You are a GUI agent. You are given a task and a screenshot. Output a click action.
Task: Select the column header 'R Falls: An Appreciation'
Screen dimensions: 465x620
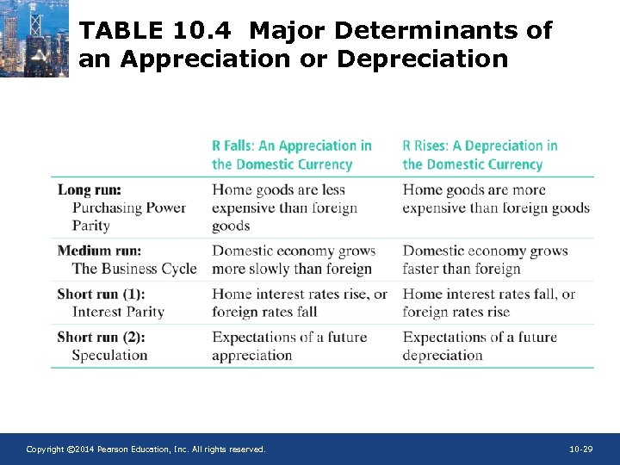[x=292, y=155]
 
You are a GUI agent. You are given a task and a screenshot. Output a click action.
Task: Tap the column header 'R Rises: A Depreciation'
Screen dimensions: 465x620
[x=480, y=155]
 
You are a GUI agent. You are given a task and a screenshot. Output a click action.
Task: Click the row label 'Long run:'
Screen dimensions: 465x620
[x=90, y=189]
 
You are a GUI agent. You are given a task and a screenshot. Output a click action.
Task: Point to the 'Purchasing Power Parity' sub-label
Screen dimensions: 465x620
[x=128, y=216]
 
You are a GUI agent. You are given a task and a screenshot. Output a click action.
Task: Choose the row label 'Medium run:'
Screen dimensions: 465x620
[x=100, y=251]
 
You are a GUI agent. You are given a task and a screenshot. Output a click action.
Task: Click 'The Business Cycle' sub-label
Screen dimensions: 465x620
[x=134, y=269]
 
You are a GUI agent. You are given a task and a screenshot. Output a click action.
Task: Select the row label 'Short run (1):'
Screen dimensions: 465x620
[x=101, y=294]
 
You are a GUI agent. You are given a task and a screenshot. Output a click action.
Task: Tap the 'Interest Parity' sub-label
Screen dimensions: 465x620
[x=118, y=312]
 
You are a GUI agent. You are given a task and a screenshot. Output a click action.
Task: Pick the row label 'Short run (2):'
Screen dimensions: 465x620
[x=101, y=337]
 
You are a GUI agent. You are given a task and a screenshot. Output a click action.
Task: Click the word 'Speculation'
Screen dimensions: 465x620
[x=109, y=355]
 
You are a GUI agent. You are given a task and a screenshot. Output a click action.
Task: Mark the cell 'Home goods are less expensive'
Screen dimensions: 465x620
[x=284, y=208]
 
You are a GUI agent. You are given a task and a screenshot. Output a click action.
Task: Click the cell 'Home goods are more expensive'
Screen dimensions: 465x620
[x=496, y=199]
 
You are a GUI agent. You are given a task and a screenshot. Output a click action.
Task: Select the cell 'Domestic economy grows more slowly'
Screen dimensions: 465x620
[x=294, y=259]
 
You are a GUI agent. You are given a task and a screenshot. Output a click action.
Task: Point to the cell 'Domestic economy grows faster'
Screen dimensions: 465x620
[x=485, y=259]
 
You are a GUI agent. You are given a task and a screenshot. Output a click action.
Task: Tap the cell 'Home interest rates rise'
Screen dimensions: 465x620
[x=300, y=302]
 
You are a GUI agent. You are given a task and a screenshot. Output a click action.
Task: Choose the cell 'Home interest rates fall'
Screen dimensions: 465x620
[x=488, y=302]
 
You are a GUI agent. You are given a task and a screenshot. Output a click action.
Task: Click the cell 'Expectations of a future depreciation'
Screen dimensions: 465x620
[x=480, y=345]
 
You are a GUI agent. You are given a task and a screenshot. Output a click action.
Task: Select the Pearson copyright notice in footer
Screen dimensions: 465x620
[x=146, y=449]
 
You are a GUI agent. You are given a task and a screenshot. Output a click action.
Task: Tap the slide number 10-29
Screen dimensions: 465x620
[x=581, y=449]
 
